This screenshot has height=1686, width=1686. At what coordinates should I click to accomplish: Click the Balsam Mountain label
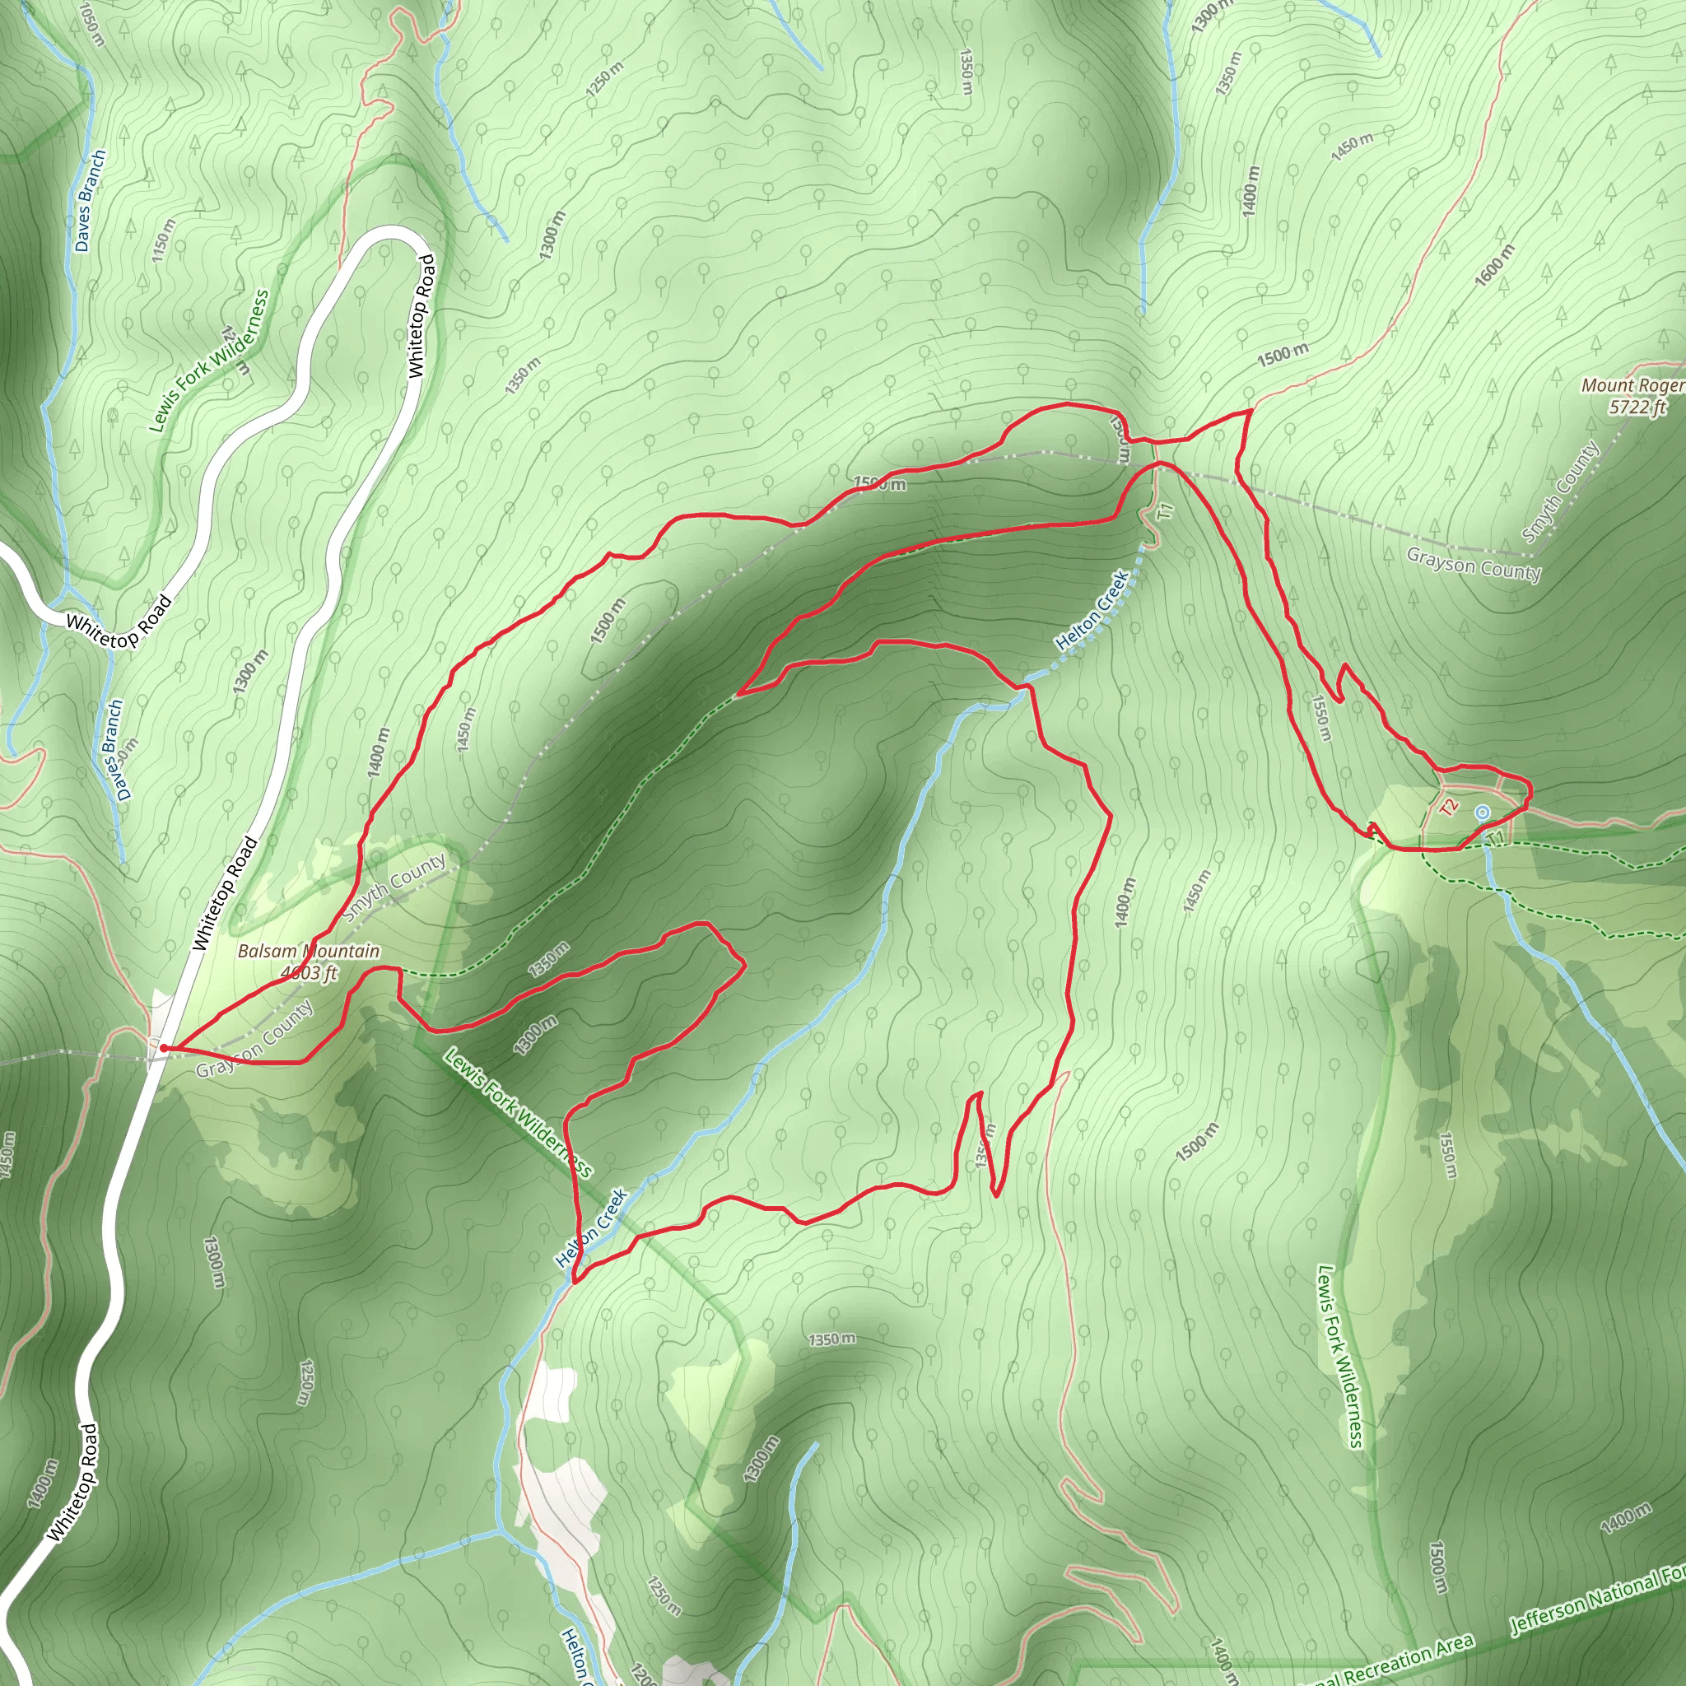pos(308,950)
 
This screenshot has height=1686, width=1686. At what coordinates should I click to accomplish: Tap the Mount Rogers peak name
pos(1632,384)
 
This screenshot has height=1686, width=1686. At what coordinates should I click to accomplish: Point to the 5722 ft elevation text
pos(1637,407)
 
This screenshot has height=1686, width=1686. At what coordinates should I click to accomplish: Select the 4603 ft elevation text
pos(308,972)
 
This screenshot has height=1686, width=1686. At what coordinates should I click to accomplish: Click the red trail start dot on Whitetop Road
pos(163,1048)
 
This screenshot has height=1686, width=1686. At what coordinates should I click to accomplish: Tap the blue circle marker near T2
pos(1482,813)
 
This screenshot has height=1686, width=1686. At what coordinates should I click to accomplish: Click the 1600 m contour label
pos(1494,265)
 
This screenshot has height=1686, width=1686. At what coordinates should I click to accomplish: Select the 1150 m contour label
pos(163,241)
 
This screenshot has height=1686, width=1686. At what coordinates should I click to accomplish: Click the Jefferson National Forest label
pos(1597,1599)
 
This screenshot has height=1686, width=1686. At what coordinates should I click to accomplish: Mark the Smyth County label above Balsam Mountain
pos(394,886)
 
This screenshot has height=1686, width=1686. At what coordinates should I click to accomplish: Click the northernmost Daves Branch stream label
pos(90,201)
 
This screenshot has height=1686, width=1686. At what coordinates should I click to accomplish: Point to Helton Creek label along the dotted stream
pos(1092,610)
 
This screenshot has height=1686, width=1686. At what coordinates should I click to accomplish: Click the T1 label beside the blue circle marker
pos(1497,839)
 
